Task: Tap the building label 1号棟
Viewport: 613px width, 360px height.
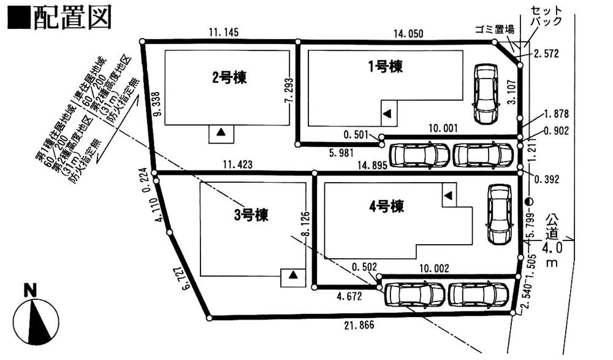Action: click(x=386, y=66)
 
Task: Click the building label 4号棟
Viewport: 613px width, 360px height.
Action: click(x=386, y=206)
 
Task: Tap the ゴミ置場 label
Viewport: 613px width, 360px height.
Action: click(x=494, y=29)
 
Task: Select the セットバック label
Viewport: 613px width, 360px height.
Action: click(x=544, y=16)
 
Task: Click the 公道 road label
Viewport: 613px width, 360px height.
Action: click(x=552, y=226)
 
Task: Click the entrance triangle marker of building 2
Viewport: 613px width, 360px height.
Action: click(x=221, y=132)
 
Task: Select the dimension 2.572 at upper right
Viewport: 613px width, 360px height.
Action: click(x=546, y=54)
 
